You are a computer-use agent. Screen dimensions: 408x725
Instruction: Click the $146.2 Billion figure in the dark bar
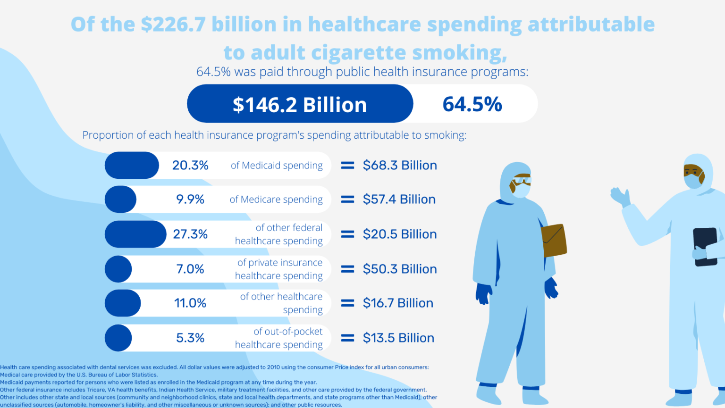click(300, 105)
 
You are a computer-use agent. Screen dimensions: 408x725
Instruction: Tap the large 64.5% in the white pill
click(472, 104)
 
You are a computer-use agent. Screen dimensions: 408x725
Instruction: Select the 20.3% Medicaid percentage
click(190, 166)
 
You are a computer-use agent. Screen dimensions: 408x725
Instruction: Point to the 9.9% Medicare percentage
click(190, 200)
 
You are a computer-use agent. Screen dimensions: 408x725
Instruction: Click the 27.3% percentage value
click(190, 234)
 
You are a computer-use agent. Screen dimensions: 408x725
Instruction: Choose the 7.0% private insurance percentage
click(190, 269)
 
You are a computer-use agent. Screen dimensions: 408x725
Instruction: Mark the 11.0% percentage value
click(190, 303)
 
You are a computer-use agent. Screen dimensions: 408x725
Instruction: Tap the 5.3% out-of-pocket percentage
click(190, 338)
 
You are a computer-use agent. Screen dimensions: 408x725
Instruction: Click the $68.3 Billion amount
click(400, 166)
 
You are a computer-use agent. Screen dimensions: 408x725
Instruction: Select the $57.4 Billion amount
click(399, 200)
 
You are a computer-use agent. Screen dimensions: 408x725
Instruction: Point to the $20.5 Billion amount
click(400, 234)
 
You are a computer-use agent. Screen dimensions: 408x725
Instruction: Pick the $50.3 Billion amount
click(400, 269)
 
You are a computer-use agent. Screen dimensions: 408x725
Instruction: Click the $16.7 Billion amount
click(398, 303)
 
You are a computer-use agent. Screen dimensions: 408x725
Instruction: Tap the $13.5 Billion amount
click(398, 338)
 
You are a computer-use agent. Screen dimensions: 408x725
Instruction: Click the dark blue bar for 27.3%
click(135, 234)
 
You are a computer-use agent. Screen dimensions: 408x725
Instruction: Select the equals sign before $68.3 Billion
click(348, 166)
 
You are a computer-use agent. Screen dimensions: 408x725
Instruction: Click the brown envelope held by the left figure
click(554, 241)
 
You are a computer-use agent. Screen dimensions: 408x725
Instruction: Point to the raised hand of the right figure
click(620, 196)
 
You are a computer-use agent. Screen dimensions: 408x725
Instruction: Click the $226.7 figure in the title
click(173, 25)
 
